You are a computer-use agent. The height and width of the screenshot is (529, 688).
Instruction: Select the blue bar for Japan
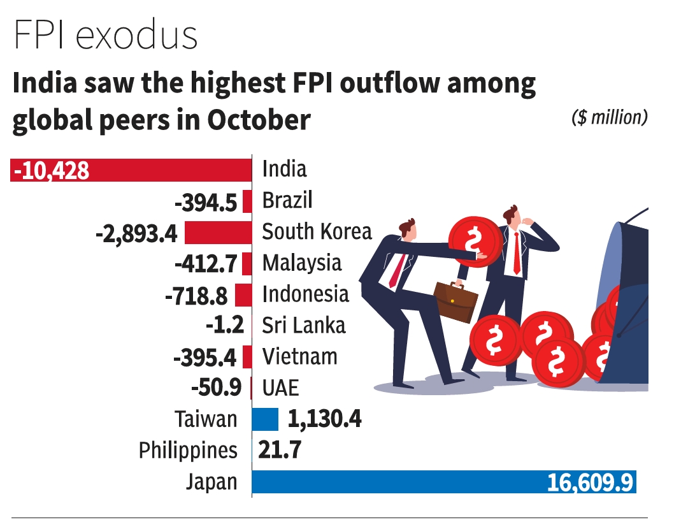pyautogui.click(x=395, y=482)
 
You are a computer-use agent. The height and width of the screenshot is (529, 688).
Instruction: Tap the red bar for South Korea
pyautogui.click(x=218, y=233)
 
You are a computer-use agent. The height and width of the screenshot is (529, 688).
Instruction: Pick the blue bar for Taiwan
pyautogui.click(x=265, y=419)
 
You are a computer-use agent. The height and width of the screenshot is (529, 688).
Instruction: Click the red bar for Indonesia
pyautogui.click(x=243, y=295)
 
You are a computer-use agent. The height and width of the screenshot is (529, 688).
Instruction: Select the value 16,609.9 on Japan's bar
pyautogui.click(x=590, y=482)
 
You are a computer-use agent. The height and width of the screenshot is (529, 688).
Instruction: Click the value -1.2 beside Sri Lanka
pyautogui.click(x=225, y=326)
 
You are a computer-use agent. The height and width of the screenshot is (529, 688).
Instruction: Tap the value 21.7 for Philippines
pyautogui.click(x=280, y=451)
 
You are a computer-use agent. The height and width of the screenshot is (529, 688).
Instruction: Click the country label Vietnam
pyautogui.click(x=299, y=356)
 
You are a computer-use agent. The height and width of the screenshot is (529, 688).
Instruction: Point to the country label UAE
pyautogui.click(x=280, y=388)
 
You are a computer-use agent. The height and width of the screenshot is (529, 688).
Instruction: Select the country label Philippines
pyautogui.click(x=188, y=451)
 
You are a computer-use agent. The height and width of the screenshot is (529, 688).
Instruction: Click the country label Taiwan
pyautogui.click(x=206, y=419)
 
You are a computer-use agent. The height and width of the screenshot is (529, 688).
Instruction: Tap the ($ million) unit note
pyautogui.click(x=610, y=117)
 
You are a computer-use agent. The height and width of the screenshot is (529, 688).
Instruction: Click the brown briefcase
pyautogui.click(x=455, y=301)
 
